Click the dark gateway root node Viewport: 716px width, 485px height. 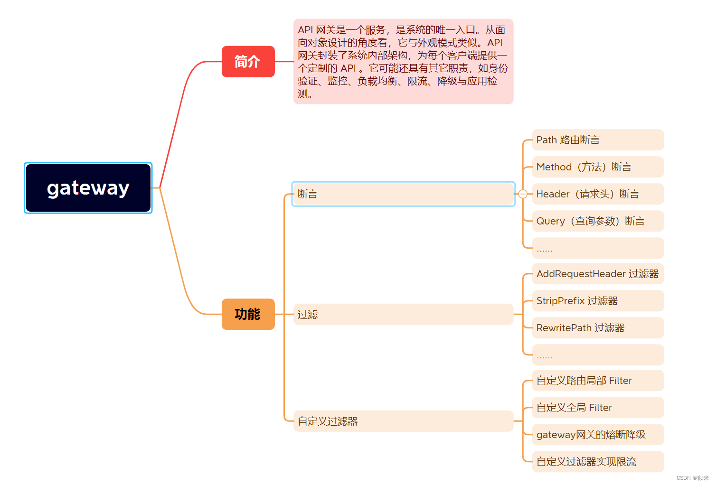click(88, 188)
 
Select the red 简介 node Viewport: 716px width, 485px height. click(248, 62)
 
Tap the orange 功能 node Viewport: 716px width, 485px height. click(248, 314)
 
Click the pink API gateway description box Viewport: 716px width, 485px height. click(403, 62)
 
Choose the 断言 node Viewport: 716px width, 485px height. click(403, 194)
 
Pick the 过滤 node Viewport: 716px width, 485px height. click(403, 314)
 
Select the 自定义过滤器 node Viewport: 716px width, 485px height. click(403, 421)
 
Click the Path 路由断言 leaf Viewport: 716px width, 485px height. click(597, 140)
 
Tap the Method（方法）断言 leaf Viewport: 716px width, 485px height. click(597, 167)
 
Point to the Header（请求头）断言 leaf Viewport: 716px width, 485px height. click(597, 194)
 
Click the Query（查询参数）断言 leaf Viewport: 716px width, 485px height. click(597, 221)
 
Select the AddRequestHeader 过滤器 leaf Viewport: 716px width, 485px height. click(597, 274)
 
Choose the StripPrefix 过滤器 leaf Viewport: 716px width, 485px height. click(597, 301)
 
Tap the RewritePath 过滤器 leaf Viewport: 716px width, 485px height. click(597, 328)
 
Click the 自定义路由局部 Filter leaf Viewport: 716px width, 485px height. click(597, 381)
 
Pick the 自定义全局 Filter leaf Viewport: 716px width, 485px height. click(597, 408)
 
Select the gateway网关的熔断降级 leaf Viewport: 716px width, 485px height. click(597, 435)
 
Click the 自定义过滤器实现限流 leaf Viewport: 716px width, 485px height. click(597, 462)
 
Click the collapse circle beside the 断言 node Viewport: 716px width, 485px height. click(523, 194)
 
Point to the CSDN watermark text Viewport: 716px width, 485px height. click(692, 478)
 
